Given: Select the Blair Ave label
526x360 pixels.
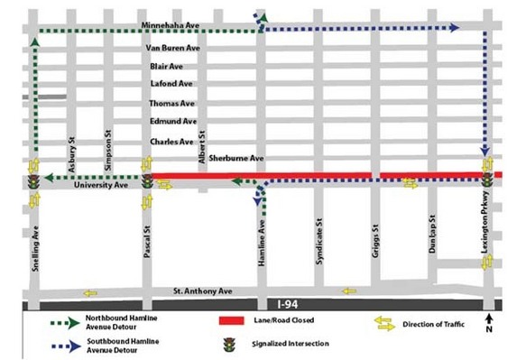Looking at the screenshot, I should coord(166,66).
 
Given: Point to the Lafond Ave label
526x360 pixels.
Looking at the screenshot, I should coord(169,84).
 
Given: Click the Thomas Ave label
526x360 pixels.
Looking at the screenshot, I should coord(171,104).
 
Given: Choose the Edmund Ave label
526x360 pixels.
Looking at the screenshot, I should coord(172,122).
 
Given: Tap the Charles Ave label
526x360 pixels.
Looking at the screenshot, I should coord(171,141).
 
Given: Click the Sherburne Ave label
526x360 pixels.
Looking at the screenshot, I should coord(235,158).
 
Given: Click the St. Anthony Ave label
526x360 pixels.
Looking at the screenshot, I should coord(203,291).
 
